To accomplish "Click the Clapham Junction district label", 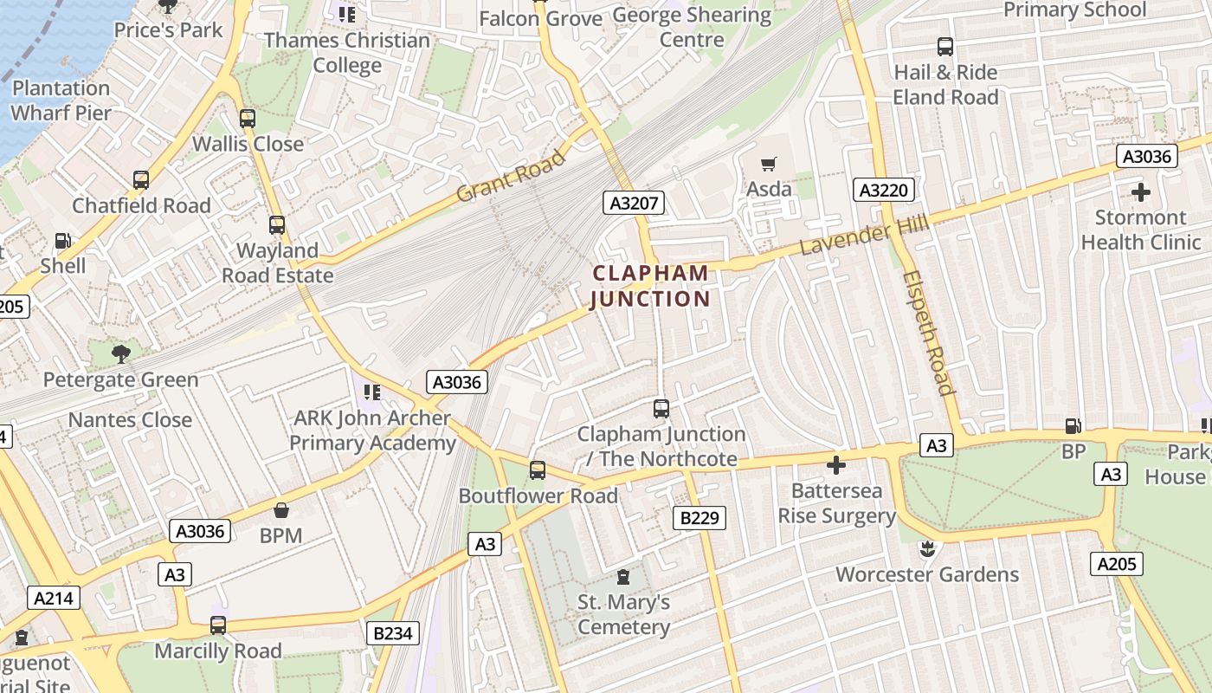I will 650,286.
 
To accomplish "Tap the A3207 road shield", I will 634,204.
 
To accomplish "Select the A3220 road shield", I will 883,190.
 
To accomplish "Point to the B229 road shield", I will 699,518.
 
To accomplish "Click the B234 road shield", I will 393,633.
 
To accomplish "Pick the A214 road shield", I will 55,598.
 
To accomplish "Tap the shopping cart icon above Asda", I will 768,164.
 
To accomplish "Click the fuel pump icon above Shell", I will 62,241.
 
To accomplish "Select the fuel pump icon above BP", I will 1073,425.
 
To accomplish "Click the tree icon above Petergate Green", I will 121,353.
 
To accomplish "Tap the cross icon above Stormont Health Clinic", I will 1140,191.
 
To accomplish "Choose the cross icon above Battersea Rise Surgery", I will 835,465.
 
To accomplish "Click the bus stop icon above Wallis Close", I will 248,118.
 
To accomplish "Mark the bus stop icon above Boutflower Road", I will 538,470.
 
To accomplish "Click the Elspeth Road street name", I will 929,333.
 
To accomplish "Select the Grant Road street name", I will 511,175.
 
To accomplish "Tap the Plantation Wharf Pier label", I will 61,100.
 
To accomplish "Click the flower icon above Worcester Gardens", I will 927,548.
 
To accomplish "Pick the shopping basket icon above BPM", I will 280,509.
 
